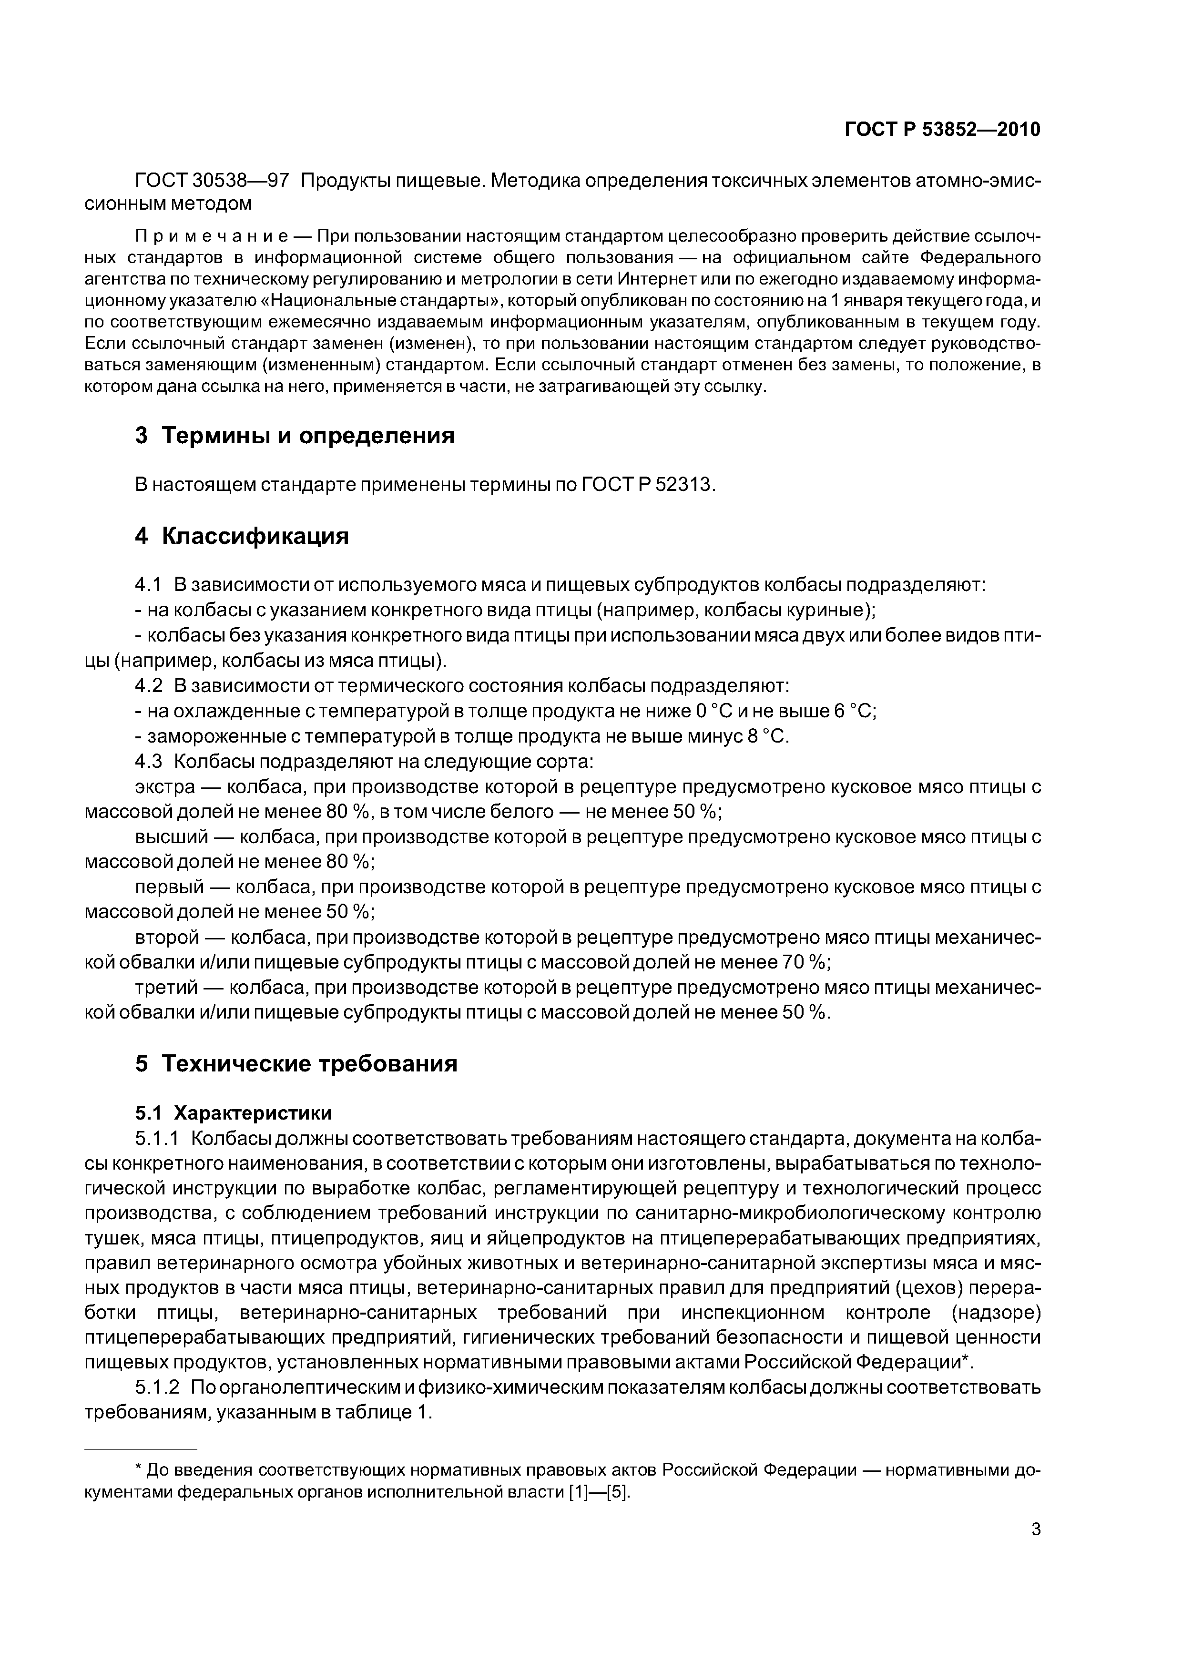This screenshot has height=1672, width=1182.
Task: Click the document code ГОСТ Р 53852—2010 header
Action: point(942,130)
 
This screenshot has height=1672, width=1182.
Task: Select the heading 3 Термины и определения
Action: point(295,436)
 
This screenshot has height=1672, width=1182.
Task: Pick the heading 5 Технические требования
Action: point(296,1064)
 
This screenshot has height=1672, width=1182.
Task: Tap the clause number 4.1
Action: point(147,585)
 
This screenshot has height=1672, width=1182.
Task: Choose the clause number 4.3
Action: point(147,761)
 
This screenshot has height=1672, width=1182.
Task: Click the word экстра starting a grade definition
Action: point(164,787)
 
